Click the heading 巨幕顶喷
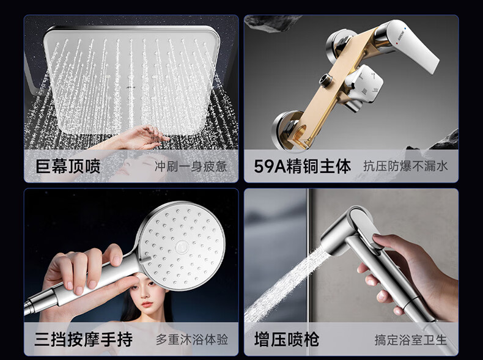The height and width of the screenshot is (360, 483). point(68,166)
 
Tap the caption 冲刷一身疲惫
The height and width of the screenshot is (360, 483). point(191,167)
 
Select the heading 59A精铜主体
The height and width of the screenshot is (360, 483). point(303,166)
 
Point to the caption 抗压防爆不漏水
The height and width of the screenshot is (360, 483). point(405,166)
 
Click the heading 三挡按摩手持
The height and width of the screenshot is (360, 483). point(84,339)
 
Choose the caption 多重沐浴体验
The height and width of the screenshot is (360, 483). point(192,340)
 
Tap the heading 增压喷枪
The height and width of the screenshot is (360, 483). point(287,339)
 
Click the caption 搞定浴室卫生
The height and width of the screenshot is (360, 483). point(411,340)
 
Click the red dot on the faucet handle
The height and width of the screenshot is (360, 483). point(397,43)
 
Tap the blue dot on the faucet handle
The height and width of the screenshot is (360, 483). point(405,28)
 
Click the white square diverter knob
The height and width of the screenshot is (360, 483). point(364,83)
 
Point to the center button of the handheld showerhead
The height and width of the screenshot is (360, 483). point(181,248)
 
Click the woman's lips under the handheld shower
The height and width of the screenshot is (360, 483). point(147,304)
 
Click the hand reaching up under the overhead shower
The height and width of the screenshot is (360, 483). point(139,138)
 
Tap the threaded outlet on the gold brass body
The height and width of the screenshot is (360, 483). point(326,79)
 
